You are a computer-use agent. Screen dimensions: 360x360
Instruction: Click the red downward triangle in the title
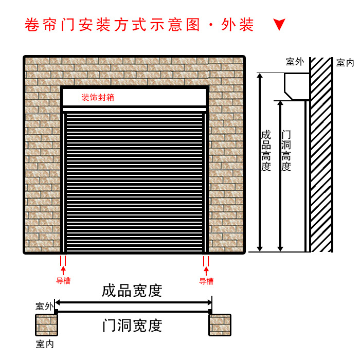pyautogui.click(x=279, y=25)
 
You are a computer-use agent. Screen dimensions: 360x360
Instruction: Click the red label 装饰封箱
pyautogui.click(x=98, y=98)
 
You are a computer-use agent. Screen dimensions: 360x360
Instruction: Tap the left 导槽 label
pyautogui.click(x=63, y=281)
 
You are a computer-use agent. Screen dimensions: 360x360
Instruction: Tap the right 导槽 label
pyautogui.click(x=206, y=281)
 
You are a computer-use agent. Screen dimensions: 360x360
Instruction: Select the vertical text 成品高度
pyautogui.click(x=266, y=151)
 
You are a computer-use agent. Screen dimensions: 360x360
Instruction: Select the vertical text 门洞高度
pyautogui.click(x=286, y=151)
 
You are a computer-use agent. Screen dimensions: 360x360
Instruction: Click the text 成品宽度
pyautogui.click(x=132, y=291)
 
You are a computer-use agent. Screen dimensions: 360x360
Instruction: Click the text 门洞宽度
pyautogui.click(x=132, y=325)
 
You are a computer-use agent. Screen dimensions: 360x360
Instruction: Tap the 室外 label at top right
pyautogui.click(x=295, y=62)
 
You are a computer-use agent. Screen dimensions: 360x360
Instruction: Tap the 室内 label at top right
pyautogui.click(x=345, y=63)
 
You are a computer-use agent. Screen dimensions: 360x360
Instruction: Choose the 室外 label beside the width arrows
pyautogui.click(x=44, y=307)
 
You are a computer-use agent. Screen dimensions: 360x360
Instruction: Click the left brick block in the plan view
pyautogui.click(x=46, y=325)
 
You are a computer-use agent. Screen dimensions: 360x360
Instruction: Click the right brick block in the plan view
pyautogui.click(x=220, y=325)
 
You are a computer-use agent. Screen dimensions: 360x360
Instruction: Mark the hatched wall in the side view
pyautogui.click(x=321, y=154)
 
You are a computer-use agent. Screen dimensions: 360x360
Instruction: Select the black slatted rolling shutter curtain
pyautogui.click(x=135, y=183)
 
